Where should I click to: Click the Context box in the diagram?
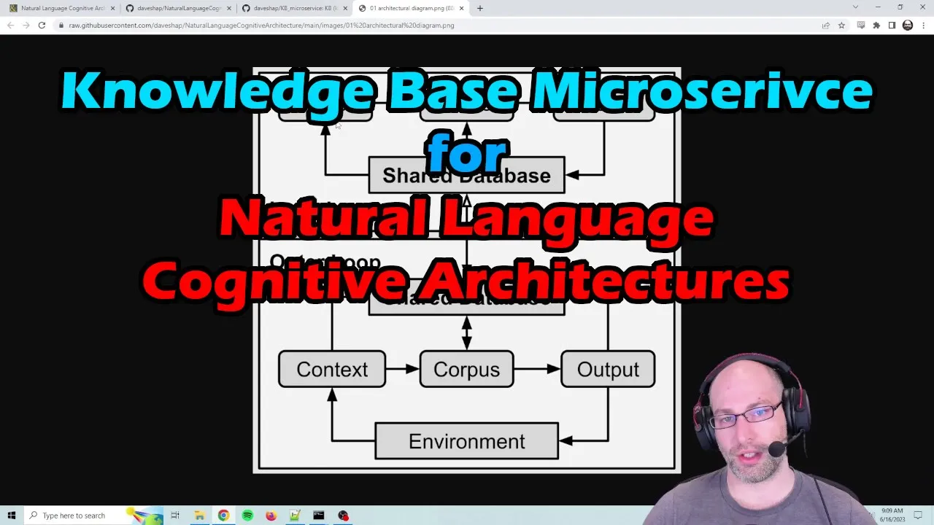[332, 369]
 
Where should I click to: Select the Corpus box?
[466, 369]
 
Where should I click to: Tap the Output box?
[607, 369]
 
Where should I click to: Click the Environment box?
[466, 441]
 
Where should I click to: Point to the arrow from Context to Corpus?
[402, 369]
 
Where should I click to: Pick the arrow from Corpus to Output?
[537, 369]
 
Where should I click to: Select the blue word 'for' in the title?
[467, 152]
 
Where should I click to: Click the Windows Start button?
[12, 516]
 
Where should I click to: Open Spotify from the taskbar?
[247, 516]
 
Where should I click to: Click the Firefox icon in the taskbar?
[271, 516]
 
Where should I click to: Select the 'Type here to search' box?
[80, 516]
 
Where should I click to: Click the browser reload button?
[42, 25]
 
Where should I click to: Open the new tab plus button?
[479, 8]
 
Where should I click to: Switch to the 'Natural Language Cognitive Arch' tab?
[62, 8]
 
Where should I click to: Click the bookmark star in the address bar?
[841, 25]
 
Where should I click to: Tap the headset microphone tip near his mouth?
[776, 449]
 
